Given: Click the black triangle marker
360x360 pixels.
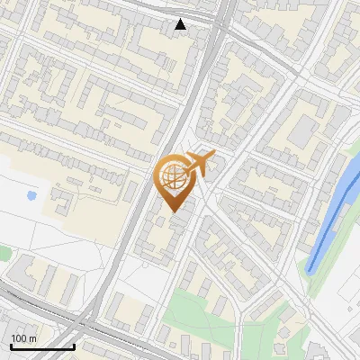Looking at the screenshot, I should tap(181, 24).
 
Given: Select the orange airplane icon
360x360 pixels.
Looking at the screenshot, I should tap(198, 164).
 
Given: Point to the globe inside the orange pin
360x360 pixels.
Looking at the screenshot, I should tap(174, 176).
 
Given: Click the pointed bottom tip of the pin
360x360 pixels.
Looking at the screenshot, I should tap(175, 211).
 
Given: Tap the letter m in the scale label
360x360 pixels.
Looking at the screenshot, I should tap(34, 338).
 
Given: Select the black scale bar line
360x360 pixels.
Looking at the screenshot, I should tap(42, 346).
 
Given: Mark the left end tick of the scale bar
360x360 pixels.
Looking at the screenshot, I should tap(11, 345).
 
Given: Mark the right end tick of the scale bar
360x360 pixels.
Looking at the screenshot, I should tap(74, 345).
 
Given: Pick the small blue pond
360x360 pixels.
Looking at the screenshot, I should tap(32, 194).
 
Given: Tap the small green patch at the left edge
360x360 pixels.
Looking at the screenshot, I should tap(3, 254).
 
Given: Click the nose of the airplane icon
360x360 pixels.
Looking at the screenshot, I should tap(213, 156).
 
